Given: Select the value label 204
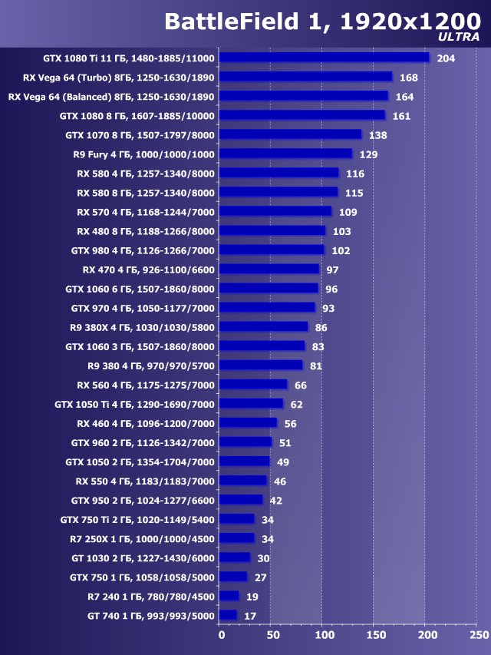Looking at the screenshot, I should click(x=446, y=58).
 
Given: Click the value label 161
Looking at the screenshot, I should click(x=401, y=116).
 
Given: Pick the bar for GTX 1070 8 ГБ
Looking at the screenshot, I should click(x=290, y=134).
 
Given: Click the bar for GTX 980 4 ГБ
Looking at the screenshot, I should click(x=272, y=250).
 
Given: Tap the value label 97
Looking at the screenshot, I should click(x=332, y=270).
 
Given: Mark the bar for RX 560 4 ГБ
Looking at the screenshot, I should click(x=253, y=385).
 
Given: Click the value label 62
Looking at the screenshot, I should click(x=296, y=404).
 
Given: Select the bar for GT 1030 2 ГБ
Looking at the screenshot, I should click(x=235, y=557).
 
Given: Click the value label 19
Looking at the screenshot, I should click(x=252, y=597).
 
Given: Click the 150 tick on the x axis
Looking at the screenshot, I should click(x=375, y=636).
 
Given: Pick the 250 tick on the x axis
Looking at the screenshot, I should click(x=478, y=636).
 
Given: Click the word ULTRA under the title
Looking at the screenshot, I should click(x=460, y=36).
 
